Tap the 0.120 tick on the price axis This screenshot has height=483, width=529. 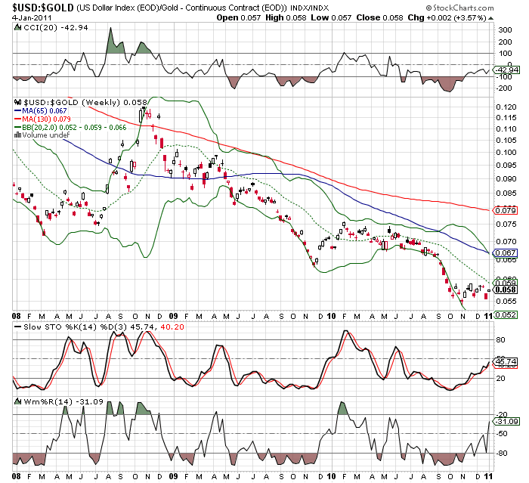tap(505, 107)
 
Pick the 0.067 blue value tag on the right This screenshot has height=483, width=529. tap(505, 252)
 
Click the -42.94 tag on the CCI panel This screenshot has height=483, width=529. tap(504, 70)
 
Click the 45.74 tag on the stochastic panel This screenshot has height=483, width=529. tap(504, 362)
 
